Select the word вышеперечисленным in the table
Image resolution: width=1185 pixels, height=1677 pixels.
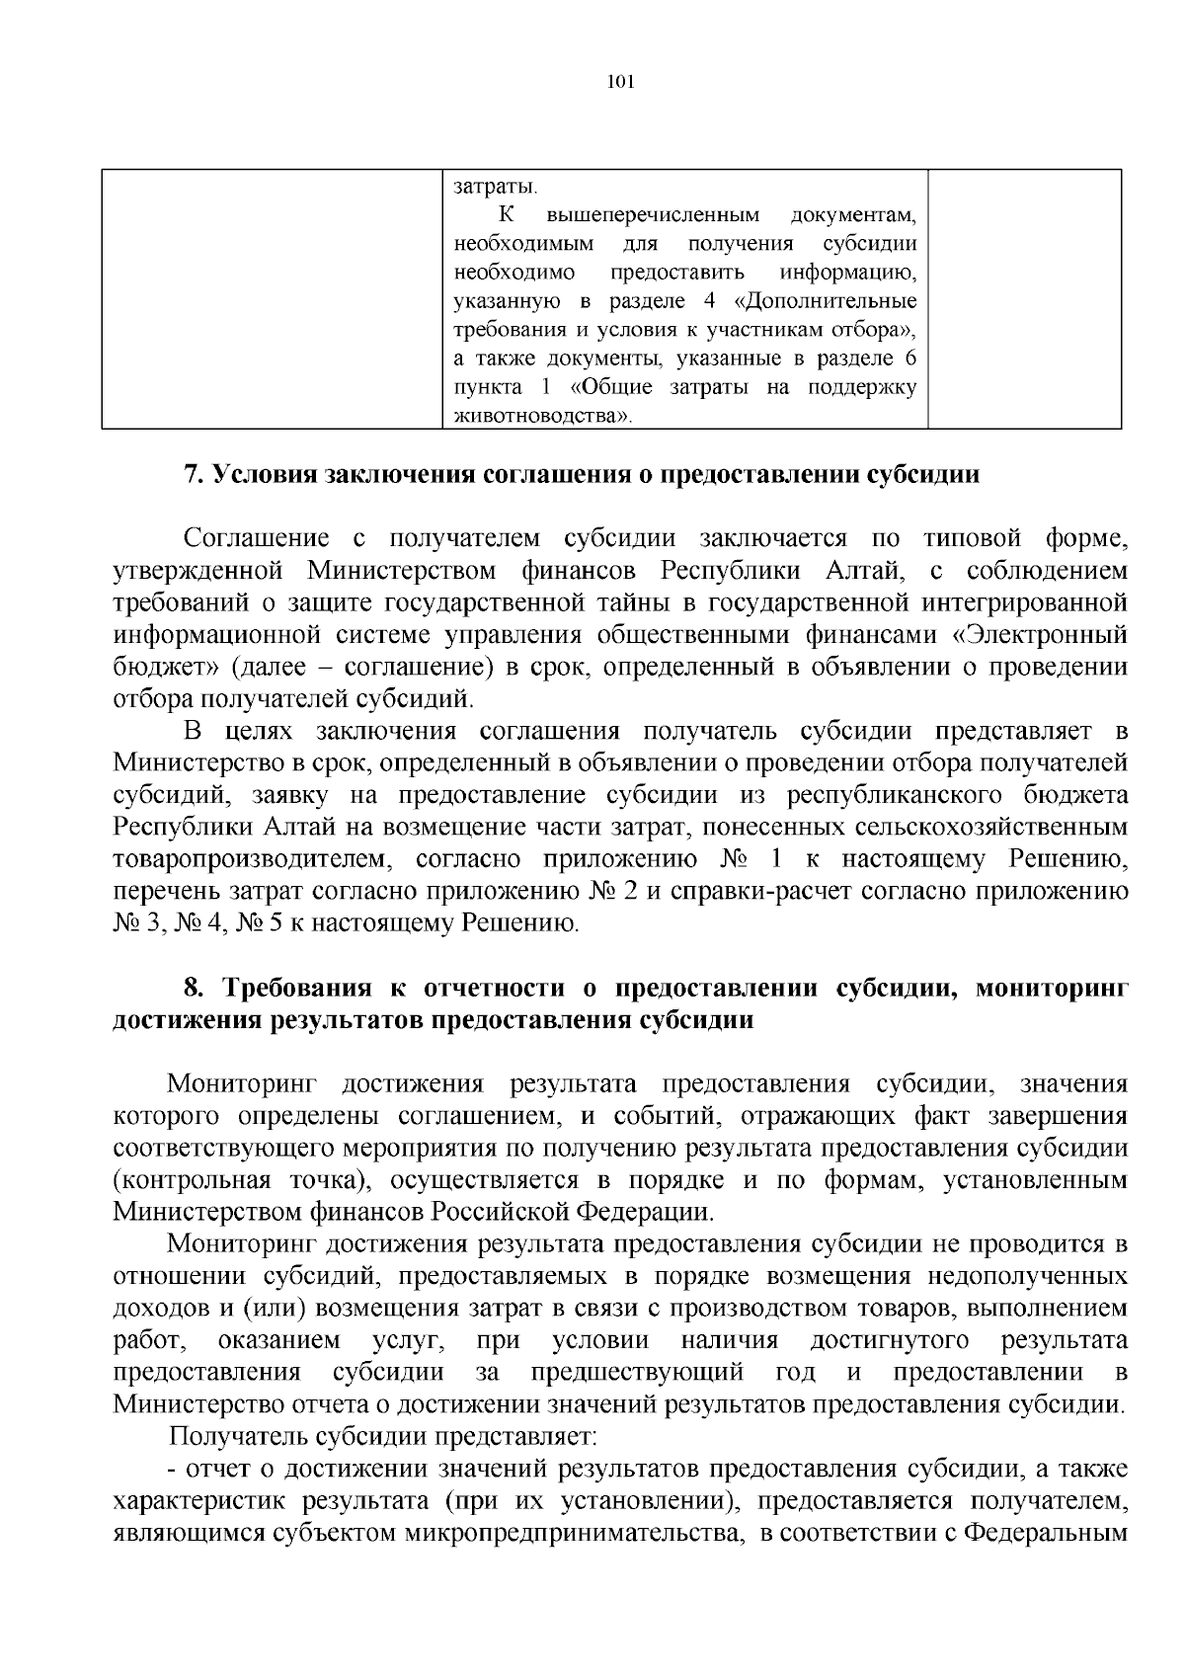[x=653, y=214]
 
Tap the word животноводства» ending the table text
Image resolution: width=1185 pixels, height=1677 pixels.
[x=541, y=416]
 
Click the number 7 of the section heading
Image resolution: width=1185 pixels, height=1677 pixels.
[x=193, y=474]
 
